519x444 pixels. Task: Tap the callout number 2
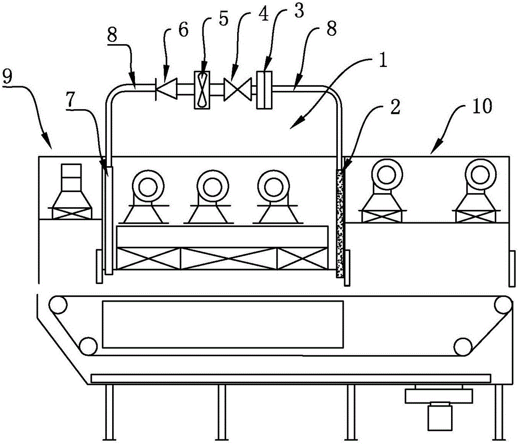[x=395, y=107]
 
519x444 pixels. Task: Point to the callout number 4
[x=264, y=15]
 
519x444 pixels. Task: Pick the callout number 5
[x=223, y=19]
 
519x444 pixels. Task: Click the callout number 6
[x=183, y=30]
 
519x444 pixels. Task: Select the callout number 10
[x=482, y=106]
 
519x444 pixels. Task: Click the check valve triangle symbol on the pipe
[x=167, y=88]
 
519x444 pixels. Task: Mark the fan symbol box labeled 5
[x=201, y=90]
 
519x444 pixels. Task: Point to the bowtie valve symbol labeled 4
[x=238, y=89]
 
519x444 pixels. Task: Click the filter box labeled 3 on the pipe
[x=264, y=90]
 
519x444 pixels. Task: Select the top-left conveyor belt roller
[x=58, y=305]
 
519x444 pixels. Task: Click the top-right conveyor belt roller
[x=504, y=304]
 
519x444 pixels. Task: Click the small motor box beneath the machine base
[x=440, y=416]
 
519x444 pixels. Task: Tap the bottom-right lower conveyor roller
[x=463, y=346]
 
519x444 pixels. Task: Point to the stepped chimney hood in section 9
[x=71, y=191]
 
